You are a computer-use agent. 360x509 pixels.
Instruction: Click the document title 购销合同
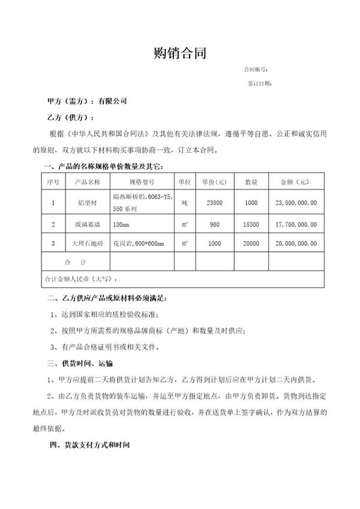[180, 54]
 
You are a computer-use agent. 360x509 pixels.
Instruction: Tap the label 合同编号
[255, 70]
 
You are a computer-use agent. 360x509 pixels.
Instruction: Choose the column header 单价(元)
[214, 180]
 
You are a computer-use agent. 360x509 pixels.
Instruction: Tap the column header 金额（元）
[295, 180]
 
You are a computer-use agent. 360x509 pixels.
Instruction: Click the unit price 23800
[214, 203]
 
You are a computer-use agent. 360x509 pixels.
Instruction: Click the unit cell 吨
[184, 203]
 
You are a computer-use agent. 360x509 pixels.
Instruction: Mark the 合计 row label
[76, 263]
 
